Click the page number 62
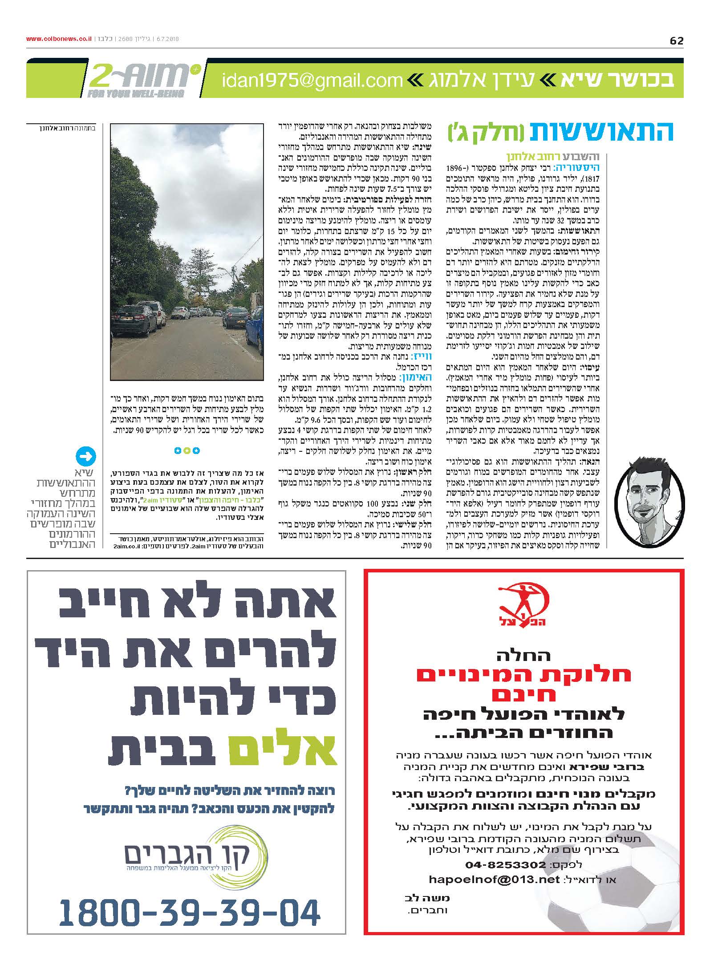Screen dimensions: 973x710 pyautogui.click(x=676, y=41)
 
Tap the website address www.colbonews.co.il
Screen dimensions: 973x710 pyautogui.click(x=59, y=39)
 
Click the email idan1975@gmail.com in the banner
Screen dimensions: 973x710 pyautogui.click(x=312, y=81)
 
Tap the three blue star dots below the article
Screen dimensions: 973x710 pyautogui.click(x=187, y=451)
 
